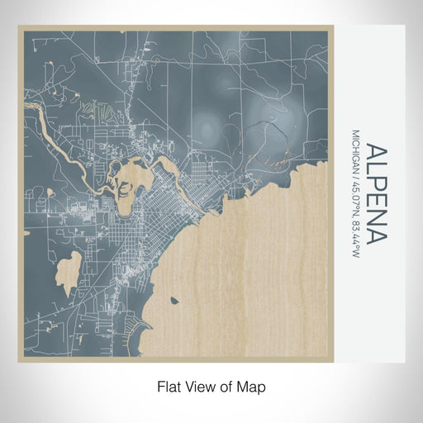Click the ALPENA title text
(375, 194)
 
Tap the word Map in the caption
(252, 386)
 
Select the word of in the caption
(229, 386)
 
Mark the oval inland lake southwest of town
(72, 273)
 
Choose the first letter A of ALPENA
(375, 152)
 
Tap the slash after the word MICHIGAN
(355, 183)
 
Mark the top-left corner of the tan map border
(19, 26)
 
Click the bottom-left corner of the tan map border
(19, 361)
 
